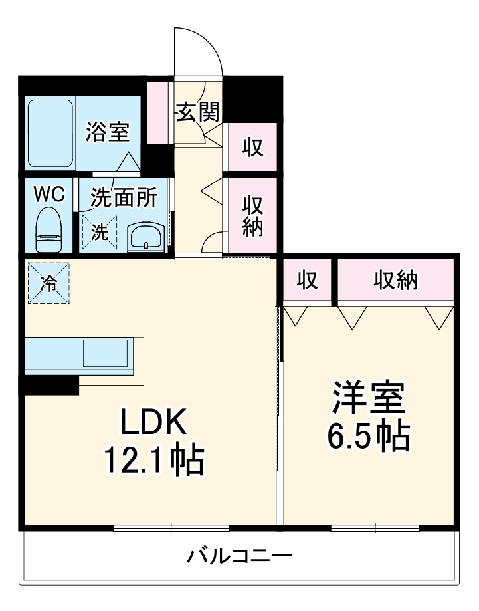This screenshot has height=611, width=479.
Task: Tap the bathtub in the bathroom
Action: point(50,132)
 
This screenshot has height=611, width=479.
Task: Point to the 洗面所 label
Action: point(124,197)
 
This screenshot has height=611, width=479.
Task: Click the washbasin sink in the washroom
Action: point(145,235)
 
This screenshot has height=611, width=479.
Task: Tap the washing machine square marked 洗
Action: point(99,232)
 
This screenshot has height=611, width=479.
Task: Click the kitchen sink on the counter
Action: point(105,352)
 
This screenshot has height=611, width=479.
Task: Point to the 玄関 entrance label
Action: point(197,112)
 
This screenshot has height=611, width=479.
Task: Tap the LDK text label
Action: point(155,421)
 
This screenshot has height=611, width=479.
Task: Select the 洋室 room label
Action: point(367,398)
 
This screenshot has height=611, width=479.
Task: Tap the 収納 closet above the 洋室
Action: point(396,281)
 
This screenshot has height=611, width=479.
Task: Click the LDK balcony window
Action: point(171,528)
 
